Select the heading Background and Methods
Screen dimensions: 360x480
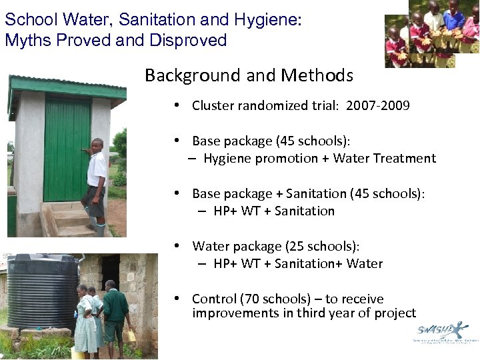pyautogui.click(x=249, y=75)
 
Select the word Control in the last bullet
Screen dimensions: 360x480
pyautogui.click(x=213, y=299)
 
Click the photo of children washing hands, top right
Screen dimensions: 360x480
pyautogui.click(x=431, y=33)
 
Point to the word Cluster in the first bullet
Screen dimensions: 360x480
pyautogui.click(x=213, y=105)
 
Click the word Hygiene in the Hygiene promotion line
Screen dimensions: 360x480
pyautogui.click(x=226, y=158)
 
